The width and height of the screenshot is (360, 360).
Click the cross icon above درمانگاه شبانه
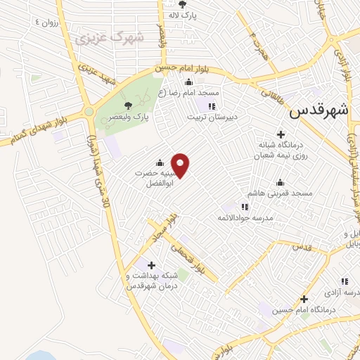281,134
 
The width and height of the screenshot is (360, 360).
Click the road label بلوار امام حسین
178,68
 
